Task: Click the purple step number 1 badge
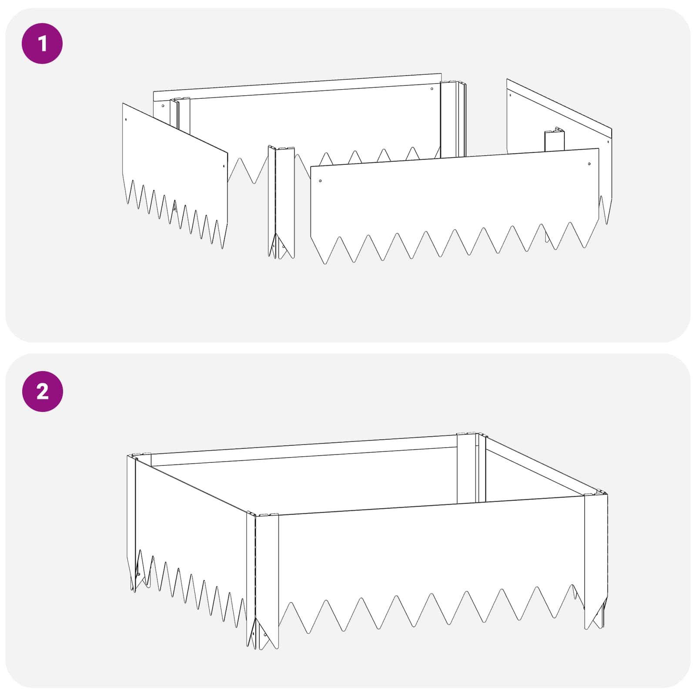[x=42, y=43]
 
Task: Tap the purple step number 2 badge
[x=42, y=391]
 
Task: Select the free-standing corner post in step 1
[x=281, y=202]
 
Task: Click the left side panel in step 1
[x=175, y=174]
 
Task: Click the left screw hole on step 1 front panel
[x=321, y=181]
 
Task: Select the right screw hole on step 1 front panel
[x=589, y=164]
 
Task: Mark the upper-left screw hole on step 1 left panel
[x=126, y=119]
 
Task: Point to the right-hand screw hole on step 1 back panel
[x=432, y=89]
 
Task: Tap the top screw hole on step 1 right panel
[x=510, y=95]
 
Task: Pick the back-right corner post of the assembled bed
[x=471, y=468]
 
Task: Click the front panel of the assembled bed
[x=431, y=561]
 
